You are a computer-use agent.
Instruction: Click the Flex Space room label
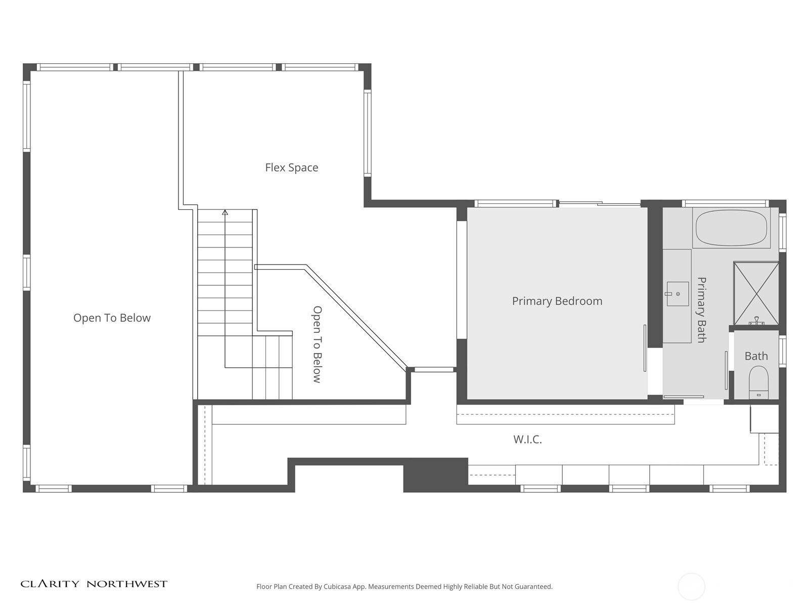(292, 168)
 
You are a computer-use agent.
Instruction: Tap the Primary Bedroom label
(557, 301)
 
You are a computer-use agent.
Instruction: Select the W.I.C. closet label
(527, 439)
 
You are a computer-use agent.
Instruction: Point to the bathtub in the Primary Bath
(731, 228)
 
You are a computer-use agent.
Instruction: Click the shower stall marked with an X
(756, 293)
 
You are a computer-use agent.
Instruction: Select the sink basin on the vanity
(678, 294)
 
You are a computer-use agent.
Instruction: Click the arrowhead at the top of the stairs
(225, 212)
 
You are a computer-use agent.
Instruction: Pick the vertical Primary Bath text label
(701, 310)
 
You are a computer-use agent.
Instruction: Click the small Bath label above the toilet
(756, 356)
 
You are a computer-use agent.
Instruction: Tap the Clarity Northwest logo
(94, 584)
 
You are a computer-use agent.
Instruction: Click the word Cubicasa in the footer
(337, 586)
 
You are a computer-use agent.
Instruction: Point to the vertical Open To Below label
(317, 344)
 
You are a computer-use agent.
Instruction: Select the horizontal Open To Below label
(112, 318)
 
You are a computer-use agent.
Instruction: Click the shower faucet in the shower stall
(755, 321)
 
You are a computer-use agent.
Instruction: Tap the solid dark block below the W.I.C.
(436, 475)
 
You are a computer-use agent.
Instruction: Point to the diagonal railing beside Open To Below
(356, 318)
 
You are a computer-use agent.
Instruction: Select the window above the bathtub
(726, 203)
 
